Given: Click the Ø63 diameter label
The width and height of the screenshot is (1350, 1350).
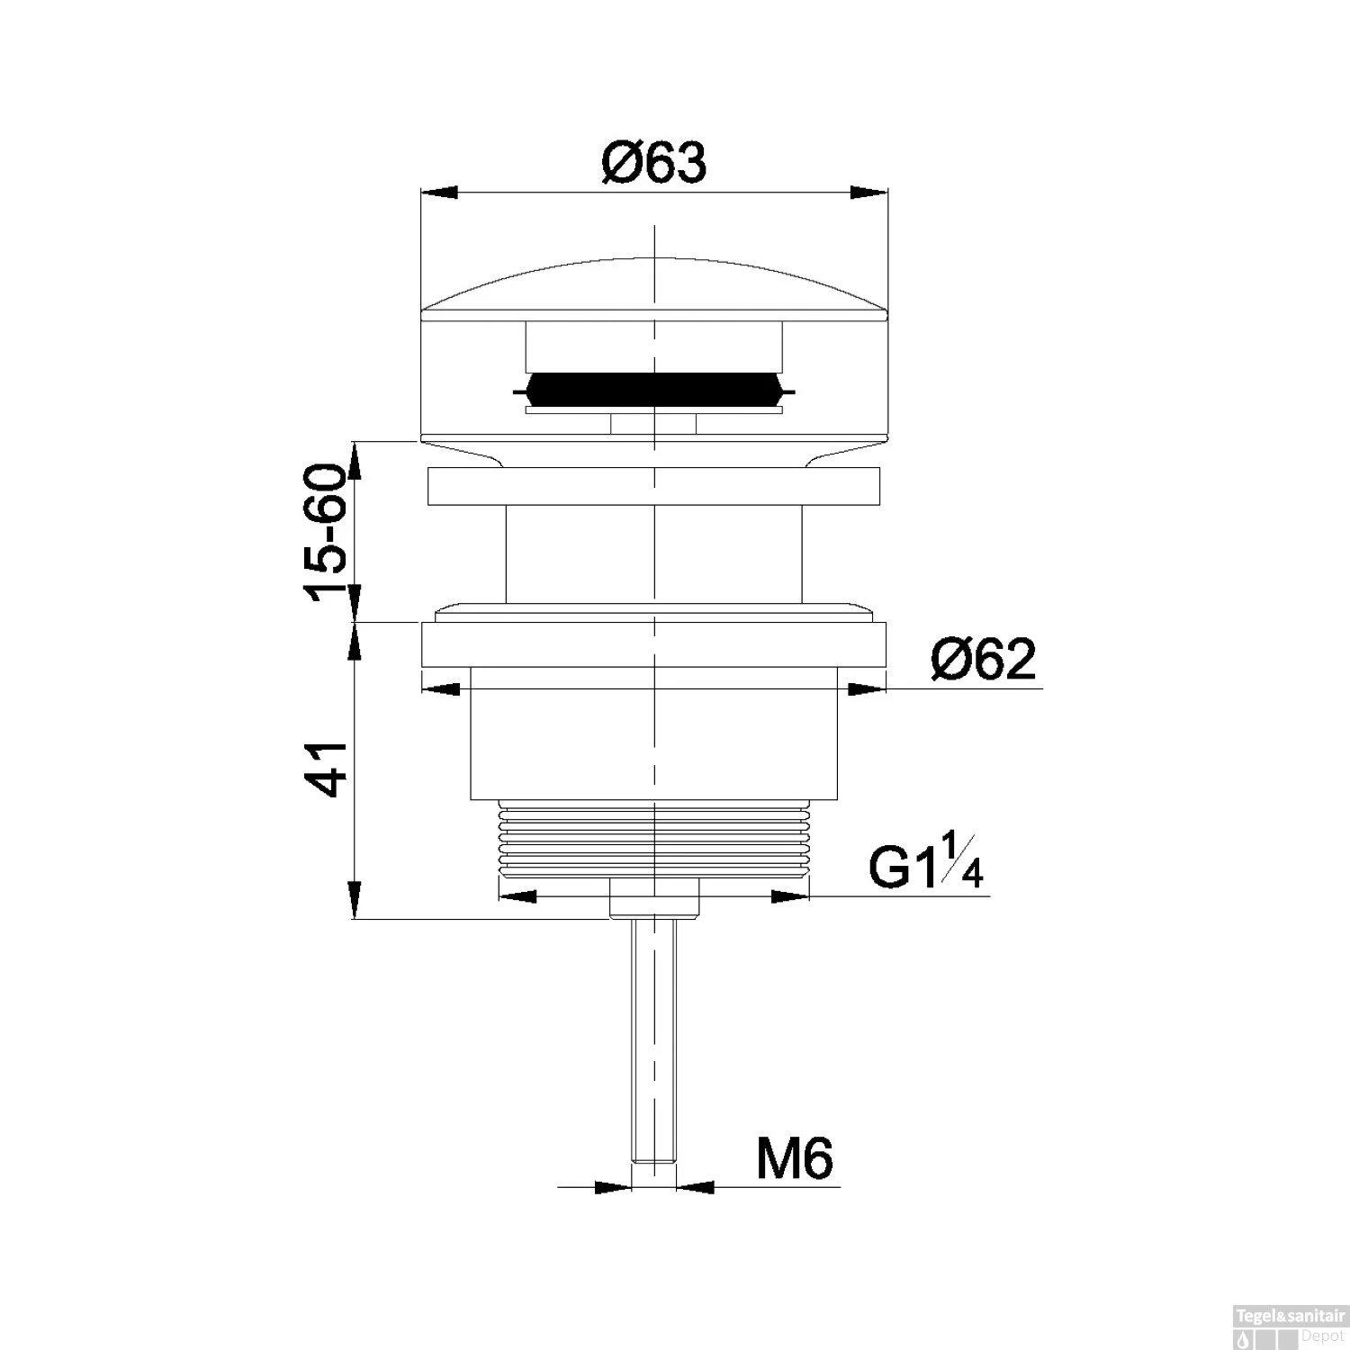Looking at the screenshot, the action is (x=654, y=164).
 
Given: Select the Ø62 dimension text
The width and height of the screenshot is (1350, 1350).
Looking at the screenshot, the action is (x=984, y=661).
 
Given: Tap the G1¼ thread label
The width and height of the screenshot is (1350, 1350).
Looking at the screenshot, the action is (x=926, y=861).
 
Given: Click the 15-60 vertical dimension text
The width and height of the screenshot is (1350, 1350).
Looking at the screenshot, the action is (x=326, y=533).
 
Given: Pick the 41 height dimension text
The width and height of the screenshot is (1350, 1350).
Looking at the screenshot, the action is (x=326, y=769).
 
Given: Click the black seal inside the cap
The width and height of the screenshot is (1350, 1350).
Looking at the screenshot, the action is (x=654, y=389).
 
